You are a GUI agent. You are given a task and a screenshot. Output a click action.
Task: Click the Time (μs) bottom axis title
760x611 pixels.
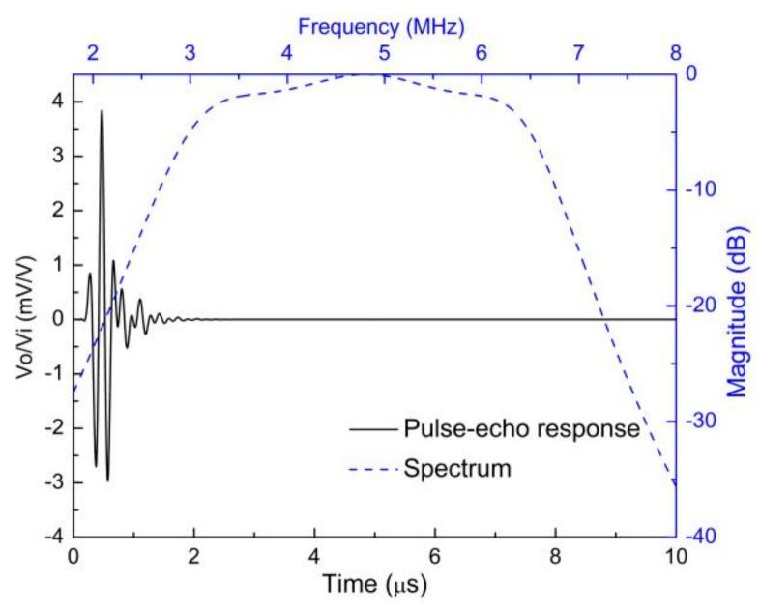point(373,587)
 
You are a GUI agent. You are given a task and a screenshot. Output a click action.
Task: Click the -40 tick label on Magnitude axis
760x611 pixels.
point(703,536)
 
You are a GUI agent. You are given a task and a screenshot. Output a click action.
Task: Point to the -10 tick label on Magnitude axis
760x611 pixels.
point(703,189)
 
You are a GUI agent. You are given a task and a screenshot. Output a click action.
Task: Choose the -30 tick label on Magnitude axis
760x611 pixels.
point(703,421)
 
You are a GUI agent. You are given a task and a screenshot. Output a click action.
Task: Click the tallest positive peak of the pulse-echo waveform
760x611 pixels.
point(101,112)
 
